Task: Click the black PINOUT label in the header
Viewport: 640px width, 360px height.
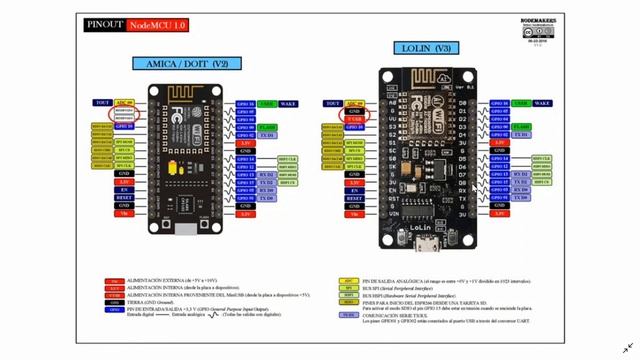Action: [105, 24]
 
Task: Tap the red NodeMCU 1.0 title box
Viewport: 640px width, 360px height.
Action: [154, 24]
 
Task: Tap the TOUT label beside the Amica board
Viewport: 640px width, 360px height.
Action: [102, 103]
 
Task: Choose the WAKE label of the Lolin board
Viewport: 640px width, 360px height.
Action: [542, 103]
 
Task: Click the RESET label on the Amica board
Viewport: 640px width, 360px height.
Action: [125, 197]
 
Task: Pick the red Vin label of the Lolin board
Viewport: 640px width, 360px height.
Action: [354, 213]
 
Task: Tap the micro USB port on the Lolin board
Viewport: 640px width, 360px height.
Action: [425, 240]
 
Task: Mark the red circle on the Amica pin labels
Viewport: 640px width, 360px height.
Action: [124, 113]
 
